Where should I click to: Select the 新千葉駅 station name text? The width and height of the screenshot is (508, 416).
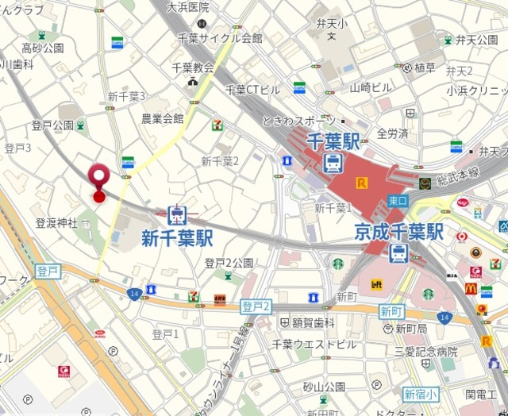click(177, 237)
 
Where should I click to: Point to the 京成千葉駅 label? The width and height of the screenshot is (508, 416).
click(398, 232)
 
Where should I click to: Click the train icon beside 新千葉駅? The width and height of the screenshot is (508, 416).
click(177, 214)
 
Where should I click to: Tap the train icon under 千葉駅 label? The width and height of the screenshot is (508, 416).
click(333, 164)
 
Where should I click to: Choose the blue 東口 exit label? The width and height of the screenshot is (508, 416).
click(398, 201)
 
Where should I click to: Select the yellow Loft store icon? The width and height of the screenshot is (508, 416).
click(375, 283)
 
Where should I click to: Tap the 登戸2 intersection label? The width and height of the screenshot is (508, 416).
click(257, 306)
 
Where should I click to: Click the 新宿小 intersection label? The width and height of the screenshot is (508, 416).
click(420, 394)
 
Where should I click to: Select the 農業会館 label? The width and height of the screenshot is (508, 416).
click(162, 118)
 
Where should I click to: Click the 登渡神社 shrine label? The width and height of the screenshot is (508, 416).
click(56, 223)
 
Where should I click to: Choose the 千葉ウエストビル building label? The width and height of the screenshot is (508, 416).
click(314, 344)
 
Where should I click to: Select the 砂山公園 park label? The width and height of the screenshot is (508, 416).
click(323, 387)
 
